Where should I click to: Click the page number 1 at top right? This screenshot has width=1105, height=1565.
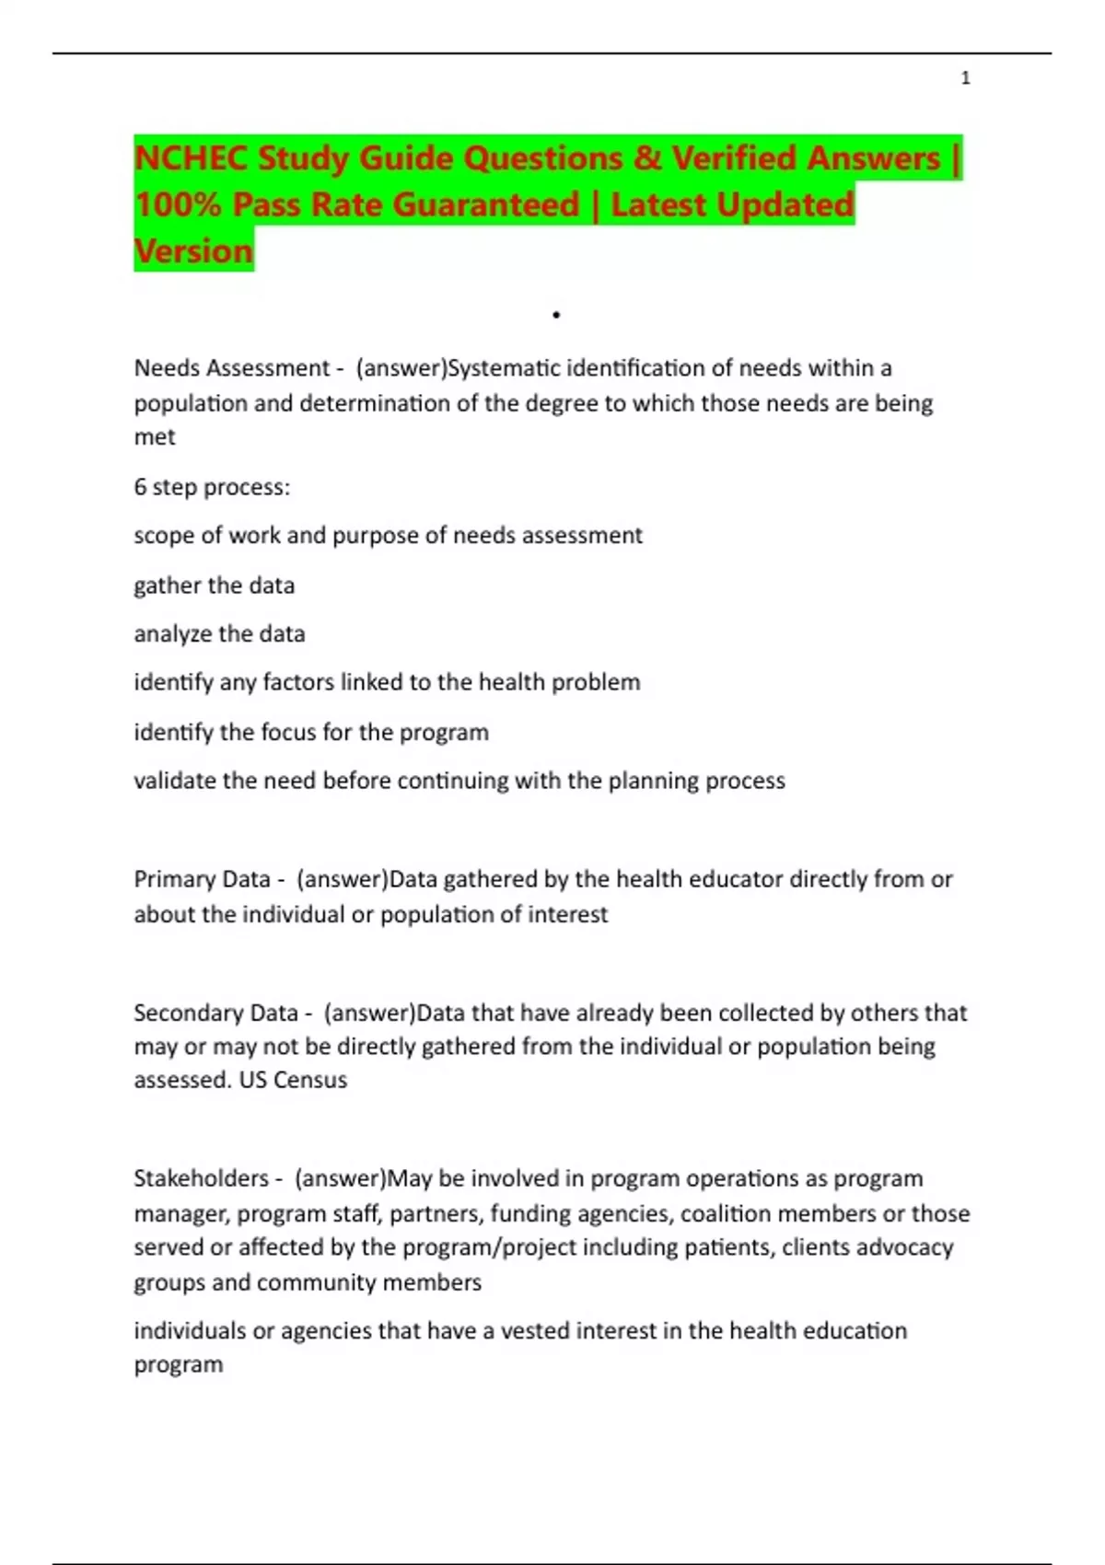(x=965, y=78)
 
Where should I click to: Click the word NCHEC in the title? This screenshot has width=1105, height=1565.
(x=191, y=158)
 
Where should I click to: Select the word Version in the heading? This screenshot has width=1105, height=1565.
(x=193, y=251)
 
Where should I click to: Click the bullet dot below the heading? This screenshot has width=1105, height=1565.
(x=556, y=315)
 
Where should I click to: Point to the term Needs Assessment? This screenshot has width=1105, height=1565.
(x=231, y=368)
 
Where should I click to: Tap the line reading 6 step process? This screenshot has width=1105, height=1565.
(x=212, y=487)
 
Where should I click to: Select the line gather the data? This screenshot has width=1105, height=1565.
(x=214, y=585)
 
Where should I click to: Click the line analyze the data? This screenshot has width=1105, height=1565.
(x=219, y=634)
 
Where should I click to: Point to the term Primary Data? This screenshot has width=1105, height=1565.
(x=202, y=879)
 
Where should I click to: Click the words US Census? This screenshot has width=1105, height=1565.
(x=293, y=1080)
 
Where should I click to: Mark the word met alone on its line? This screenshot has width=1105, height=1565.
(x=154, y=437)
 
